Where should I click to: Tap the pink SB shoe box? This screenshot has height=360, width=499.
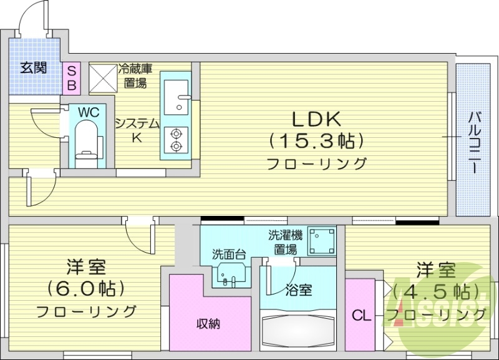(71, 77)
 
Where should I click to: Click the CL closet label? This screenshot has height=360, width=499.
(361, 314)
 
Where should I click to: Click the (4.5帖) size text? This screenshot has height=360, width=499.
(435, 291)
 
